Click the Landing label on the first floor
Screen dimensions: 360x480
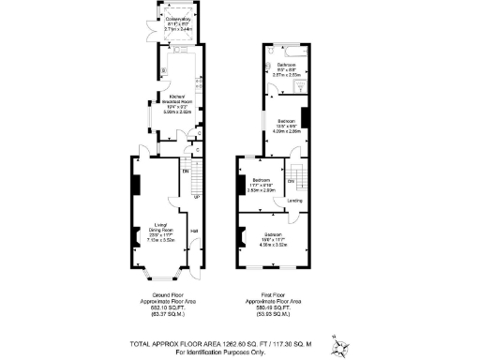tap(293, 200)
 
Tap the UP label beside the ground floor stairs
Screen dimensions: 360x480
tap(195, 197)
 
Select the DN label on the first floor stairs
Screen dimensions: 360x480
tap(291, 180)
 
